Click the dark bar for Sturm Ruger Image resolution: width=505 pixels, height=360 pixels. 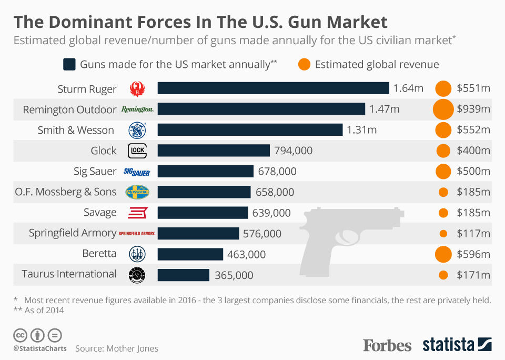pos(273,88)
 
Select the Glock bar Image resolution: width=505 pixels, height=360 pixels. pos(214,151)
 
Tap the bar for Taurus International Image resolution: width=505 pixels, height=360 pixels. pos(184,275)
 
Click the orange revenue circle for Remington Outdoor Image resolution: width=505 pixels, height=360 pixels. pos(443,109)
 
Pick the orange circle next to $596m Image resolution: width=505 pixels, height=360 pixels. pos(443,254)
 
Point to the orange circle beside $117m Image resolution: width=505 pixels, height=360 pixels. pos(443,233)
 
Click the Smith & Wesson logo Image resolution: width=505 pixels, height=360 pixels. pos(137,130)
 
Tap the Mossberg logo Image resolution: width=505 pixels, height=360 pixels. pos(137,192)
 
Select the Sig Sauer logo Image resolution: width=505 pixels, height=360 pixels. pos(137,172)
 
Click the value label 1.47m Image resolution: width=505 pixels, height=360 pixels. pos(385,109)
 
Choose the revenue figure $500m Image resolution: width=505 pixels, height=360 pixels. pos(473,172)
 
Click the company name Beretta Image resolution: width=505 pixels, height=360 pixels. pos(99,253)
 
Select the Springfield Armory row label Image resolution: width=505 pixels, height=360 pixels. pos(72,233)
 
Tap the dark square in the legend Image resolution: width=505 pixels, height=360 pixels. pos(69,65)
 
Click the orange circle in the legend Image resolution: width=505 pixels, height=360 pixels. pos(304,65)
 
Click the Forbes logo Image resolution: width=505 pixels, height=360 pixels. pos(387,345)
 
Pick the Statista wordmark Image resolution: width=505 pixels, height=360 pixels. pos(448,345)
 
